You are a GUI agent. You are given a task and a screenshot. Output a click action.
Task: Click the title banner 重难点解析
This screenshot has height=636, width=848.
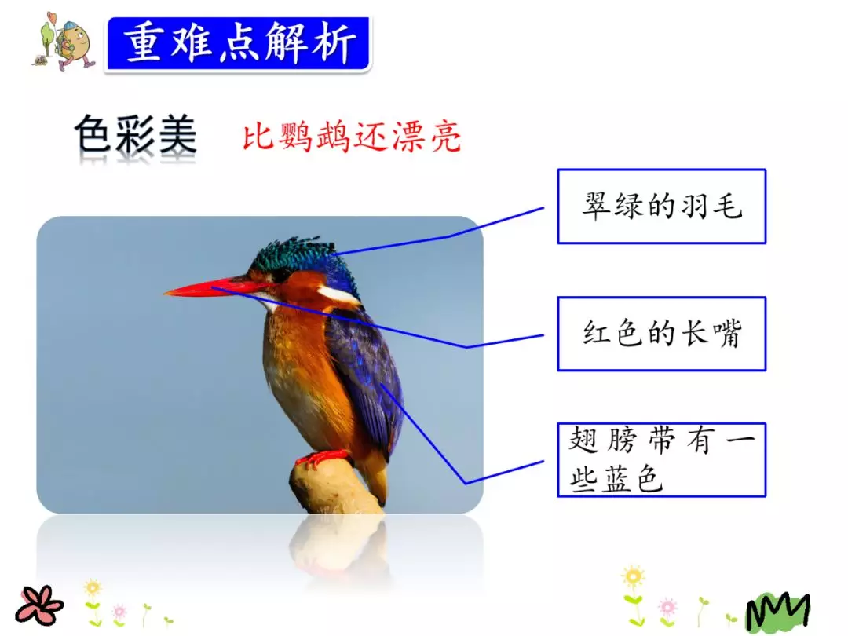click(238, 43)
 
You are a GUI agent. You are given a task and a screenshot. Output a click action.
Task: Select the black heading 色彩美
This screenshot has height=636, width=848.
click(135, 136)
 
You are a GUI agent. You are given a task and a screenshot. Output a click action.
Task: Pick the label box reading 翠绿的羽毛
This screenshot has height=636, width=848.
click(661, 207)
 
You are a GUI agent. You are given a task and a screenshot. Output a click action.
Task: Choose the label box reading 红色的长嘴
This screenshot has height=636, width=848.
click(661, 334)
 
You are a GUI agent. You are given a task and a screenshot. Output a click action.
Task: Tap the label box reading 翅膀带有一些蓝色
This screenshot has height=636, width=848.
click(661, 459)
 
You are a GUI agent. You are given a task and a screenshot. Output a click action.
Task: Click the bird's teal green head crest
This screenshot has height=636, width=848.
click(294, 253)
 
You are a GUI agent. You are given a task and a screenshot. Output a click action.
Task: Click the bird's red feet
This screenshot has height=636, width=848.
click(322, 457)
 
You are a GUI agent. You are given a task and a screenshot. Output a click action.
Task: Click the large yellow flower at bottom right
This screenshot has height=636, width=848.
click(633, 577)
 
